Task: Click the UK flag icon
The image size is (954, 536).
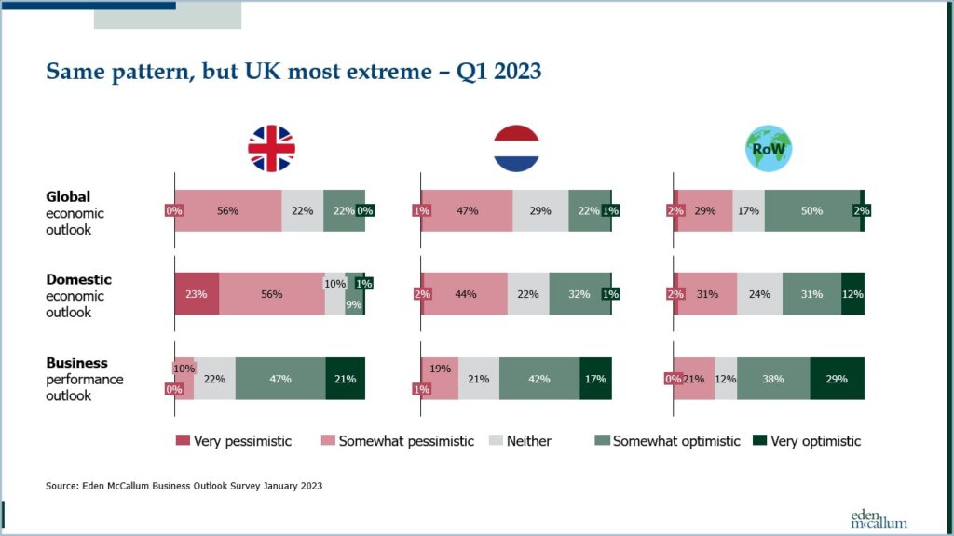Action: click(271, 148)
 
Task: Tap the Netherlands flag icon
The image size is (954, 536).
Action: click(516, 148)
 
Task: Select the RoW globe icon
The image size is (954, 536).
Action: click(769, 148)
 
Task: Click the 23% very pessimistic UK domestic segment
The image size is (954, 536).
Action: click(197, 293)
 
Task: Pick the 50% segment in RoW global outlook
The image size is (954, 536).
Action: click(812, 210)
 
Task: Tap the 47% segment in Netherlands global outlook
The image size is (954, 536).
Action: click(468, 210)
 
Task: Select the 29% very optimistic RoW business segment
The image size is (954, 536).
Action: click(838, 379)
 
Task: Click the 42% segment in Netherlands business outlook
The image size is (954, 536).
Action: click(539, 379)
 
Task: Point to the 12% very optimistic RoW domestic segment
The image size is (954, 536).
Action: click(853, 293)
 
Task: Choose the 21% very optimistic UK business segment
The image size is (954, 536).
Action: click(345, 379)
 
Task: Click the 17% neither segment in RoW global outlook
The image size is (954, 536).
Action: click(748, 210)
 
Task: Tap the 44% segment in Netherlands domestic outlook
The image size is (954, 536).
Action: click(466, 293)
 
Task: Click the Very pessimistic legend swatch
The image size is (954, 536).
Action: click(183, 440)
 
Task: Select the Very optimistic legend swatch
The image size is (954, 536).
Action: click(760, 440)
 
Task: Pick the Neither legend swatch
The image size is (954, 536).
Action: click(496, 440)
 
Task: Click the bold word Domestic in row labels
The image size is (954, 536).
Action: click(78, 279)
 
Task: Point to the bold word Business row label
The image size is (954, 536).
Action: click(76, 363)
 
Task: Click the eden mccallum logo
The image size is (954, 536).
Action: click(879, 518)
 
